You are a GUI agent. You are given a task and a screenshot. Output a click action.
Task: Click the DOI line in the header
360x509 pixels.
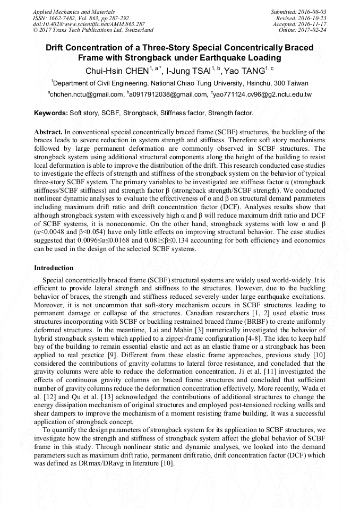[89, 24]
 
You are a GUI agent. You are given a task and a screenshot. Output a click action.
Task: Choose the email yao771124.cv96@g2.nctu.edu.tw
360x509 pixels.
[262, 94]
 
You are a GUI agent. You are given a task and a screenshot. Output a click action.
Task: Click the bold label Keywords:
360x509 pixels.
[51, 113]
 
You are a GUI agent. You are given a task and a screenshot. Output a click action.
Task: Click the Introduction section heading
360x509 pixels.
[54, 268]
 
